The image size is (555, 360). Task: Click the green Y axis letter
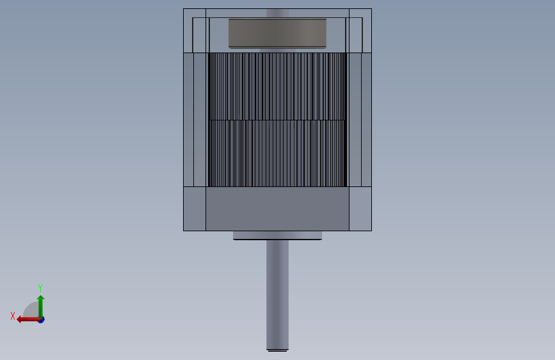pyautogui.click(x=40, y=288)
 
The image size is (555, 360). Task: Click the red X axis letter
pyautogui.click(x=13, y=316)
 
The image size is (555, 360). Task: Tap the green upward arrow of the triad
pyautogui.click(x=41, y=307)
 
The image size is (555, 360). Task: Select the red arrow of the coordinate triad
pyautogui.click(x=28, y=320)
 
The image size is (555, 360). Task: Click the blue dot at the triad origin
pyautogui.click(x=42, y=320)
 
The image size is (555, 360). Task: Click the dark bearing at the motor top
pyautogui.click(x=277, y=33)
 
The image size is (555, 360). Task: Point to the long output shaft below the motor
pyautogui.click(x=277, y=295)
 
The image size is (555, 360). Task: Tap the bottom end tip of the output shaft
pyautogui.click(x=277, y=350)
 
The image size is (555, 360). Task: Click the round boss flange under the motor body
pyautogui.click(x=277, y=235)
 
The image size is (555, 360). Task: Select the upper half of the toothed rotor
pyautogui.click(x=277, y=86)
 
